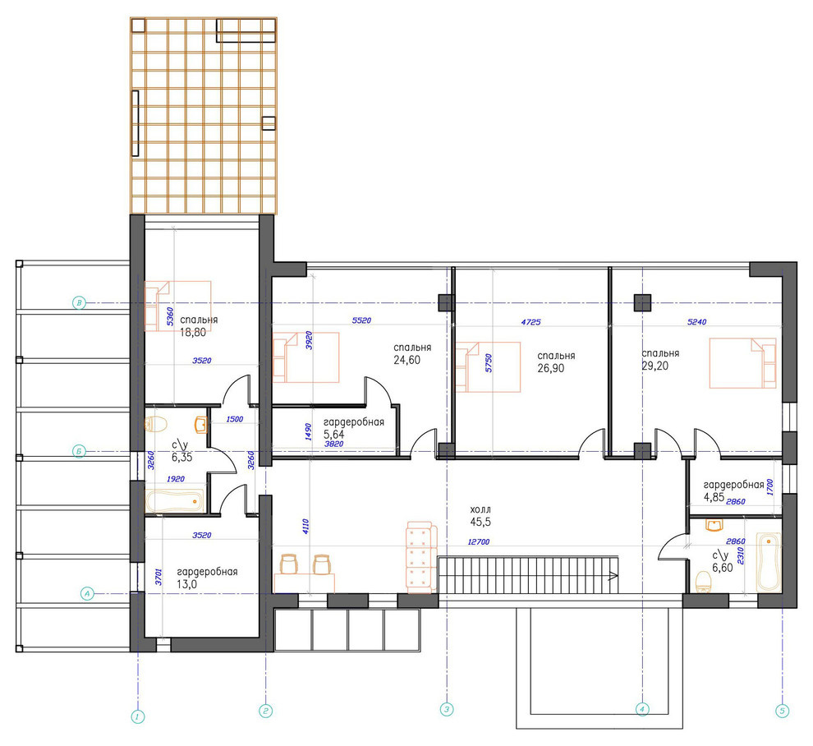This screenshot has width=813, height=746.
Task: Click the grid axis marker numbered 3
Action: (447, 709)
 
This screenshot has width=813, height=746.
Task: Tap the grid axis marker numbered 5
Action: (783, 711)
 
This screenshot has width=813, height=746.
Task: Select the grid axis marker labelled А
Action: (87, 593)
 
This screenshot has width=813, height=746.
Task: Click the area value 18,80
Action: (193, 333)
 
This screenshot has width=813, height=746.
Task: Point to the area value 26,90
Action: (551, 368)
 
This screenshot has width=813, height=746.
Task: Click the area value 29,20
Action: (655, 366)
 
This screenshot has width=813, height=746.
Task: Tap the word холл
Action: (480, 509)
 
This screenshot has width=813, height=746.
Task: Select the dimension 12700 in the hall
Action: (478, 541)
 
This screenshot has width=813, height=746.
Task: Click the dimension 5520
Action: (361, 320)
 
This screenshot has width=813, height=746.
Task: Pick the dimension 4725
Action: (531, 322)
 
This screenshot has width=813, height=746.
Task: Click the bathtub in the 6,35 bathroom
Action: (174, 501)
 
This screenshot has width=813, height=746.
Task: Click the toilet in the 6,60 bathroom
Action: (704, 582)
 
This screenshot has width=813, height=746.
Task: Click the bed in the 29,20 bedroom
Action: (742, 363)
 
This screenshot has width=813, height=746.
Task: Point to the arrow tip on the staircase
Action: (617, 575)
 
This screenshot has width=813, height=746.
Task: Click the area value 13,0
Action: (186, 585)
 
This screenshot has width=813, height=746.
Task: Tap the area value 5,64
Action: (334, 434)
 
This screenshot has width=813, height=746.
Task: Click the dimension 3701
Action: (158, 578)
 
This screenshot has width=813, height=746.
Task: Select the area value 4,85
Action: (714, 497)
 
